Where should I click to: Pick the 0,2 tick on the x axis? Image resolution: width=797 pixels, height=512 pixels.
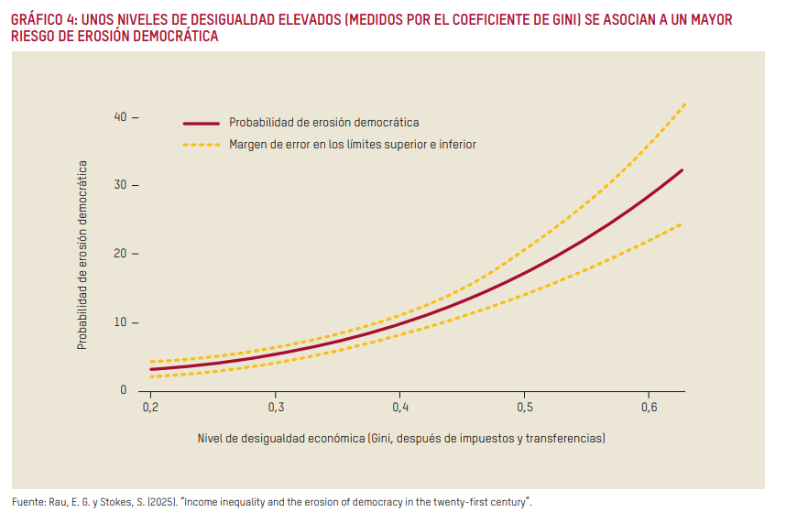click(x=150, y=405)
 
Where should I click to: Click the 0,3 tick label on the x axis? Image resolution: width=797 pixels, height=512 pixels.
click(x=275, y=405)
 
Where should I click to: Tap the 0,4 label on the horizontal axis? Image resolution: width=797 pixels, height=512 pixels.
click(x=399, y=405)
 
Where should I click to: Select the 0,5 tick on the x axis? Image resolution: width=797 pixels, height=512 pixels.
click(x=524, y=405)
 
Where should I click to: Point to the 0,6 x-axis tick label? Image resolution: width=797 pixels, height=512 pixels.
click(x=648, y=405)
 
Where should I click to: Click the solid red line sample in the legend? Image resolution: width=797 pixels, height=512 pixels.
click(x=202, y=123)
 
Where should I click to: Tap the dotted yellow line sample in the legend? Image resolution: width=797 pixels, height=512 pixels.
click(x=202, y=145)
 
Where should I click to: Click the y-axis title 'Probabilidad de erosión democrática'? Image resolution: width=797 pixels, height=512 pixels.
click(x=82, y=256)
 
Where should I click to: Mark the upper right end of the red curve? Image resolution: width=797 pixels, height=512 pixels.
click(x=682, y=170)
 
